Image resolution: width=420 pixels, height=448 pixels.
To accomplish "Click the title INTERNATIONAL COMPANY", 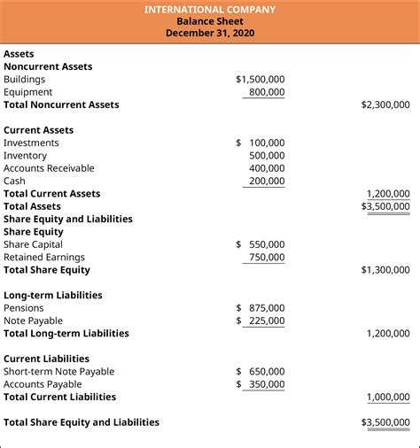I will (x=210, y=10).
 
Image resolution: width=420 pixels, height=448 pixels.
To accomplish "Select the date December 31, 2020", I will (x=210, y=34).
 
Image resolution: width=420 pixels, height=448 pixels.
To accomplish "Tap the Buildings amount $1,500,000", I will (x=261, y=79).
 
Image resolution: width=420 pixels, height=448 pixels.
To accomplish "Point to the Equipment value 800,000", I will (x=266, y=92).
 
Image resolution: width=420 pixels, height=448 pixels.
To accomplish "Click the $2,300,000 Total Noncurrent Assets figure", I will (x=385, y=104).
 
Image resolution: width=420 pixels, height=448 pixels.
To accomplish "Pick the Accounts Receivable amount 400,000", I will (x=266, y=168).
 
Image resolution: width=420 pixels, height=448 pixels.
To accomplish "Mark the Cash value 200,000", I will (x=266, y=182).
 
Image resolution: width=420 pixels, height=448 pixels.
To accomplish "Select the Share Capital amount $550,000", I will (x=261, y=244).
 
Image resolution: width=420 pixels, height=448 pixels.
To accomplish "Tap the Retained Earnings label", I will (x=40, y=258).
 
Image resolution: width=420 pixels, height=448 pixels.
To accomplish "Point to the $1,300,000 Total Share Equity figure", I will (x=385, y=270).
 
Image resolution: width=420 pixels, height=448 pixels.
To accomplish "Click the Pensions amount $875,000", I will (x=261, y=308).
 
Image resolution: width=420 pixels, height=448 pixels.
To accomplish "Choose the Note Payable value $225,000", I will (x=261, y=321).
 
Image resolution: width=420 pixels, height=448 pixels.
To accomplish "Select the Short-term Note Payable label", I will (x=59, y=372).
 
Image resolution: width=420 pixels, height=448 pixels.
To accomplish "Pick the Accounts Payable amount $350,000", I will (x=261, y=384).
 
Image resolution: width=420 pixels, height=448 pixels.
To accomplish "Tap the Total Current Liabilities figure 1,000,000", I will (x=388, y=398).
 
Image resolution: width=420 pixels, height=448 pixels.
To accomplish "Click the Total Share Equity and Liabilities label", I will (x=82, y=422).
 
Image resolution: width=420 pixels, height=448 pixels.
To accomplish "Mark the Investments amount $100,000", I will (x=261, y=143).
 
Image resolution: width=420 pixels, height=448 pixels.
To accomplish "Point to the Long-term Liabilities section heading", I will (x=52, y=296).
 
